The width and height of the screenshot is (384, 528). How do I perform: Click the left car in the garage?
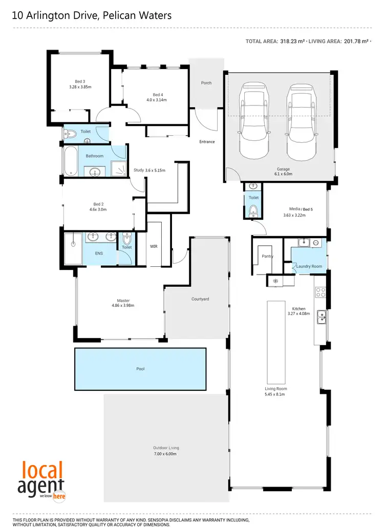click(254, 122)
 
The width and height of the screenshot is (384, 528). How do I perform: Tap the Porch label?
click(206, 83)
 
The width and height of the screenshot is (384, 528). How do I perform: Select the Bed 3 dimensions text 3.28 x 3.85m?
click(80, 87)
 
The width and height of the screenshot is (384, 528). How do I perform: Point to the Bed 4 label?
click(158, 94)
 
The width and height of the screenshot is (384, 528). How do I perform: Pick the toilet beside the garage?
click(253, 210)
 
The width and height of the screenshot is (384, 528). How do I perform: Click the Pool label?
click(140, 369)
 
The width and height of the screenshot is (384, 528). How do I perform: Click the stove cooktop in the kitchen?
click(321, 292)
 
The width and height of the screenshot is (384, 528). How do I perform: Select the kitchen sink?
click(321, 318)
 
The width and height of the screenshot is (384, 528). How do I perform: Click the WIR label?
click(154, 246)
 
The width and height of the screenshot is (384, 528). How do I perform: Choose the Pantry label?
click(267, 256)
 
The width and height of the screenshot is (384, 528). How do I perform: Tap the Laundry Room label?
click(309, 266)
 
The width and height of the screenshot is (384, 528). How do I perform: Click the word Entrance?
click(207, 142)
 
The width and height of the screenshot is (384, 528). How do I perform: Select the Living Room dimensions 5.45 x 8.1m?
click(275, 395)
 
